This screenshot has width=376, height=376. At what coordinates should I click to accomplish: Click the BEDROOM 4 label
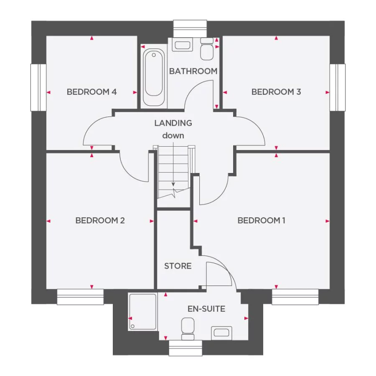click(x=91, y=92)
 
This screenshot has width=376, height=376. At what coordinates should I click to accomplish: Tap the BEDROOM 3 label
click(x=276, y=92)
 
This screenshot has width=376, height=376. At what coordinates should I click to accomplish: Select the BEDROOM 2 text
click(x=100, y=221)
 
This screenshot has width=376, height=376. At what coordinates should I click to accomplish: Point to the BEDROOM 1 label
click(x=262, y=221)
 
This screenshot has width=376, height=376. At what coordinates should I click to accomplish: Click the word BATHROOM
click(x=193, y=71)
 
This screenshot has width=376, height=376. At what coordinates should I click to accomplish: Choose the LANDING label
click(x=173, y=123)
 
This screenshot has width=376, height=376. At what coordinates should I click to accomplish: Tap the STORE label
click(x=178, y=266)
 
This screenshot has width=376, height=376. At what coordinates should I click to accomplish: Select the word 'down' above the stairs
click(x=173, y=136)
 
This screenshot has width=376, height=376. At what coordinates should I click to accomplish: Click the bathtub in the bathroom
click(x=154, y=78)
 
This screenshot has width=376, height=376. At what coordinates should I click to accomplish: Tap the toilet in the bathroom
click(x=207, y=49)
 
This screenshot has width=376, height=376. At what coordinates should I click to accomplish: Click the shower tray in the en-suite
click(x=142, y=312)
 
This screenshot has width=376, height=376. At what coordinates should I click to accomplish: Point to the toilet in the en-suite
click(x=188, y=328)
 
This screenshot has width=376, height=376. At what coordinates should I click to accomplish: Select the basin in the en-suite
click(x=221, y=333)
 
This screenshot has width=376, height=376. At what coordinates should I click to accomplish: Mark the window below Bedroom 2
click(x=80, y=297)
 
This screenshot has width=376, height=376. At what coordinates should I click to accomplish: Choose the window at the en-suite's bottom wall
click(x=185, y=348)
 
